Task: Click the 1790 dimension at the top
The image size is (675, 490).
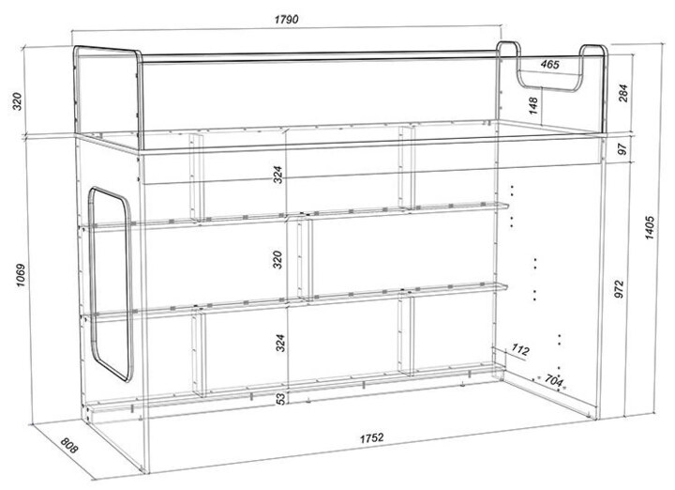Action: [286, 20]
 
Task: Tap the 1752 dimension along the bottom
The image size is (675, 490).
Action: [372, 438]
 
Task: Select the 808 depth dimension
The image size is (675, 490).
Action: [68, 446]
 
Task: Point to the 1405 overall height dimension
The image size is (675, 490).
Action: [650, 228]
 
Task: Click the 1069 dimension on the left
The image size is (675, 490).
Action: [21, 276]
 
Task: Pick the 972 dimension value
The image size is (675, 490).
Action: [619, 289]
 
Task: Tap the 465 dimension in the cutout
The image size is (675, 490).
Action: [550, 65]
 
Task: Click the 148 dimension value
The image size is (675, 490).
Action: [532, 105]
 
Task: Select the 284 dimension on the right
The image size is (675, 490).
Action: [622, 93]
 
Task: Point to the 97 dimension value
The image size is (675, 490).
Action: [622, 148]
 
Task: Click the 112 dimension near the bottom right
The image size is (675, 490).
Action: [520, 349]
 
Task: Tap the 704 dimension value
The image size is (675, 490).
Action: [554, 380]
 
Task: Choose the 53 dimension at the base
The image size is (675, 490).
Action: [280, 399]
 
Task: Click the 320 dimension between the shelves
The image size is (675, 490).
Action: [277, 259]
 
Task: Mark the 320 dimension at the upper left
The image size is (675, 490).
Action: [17, 101]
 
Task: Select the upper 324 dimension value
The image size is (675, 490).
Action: [278, 175]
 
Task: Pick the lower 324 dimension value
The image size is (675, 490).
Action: [280, 343]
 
